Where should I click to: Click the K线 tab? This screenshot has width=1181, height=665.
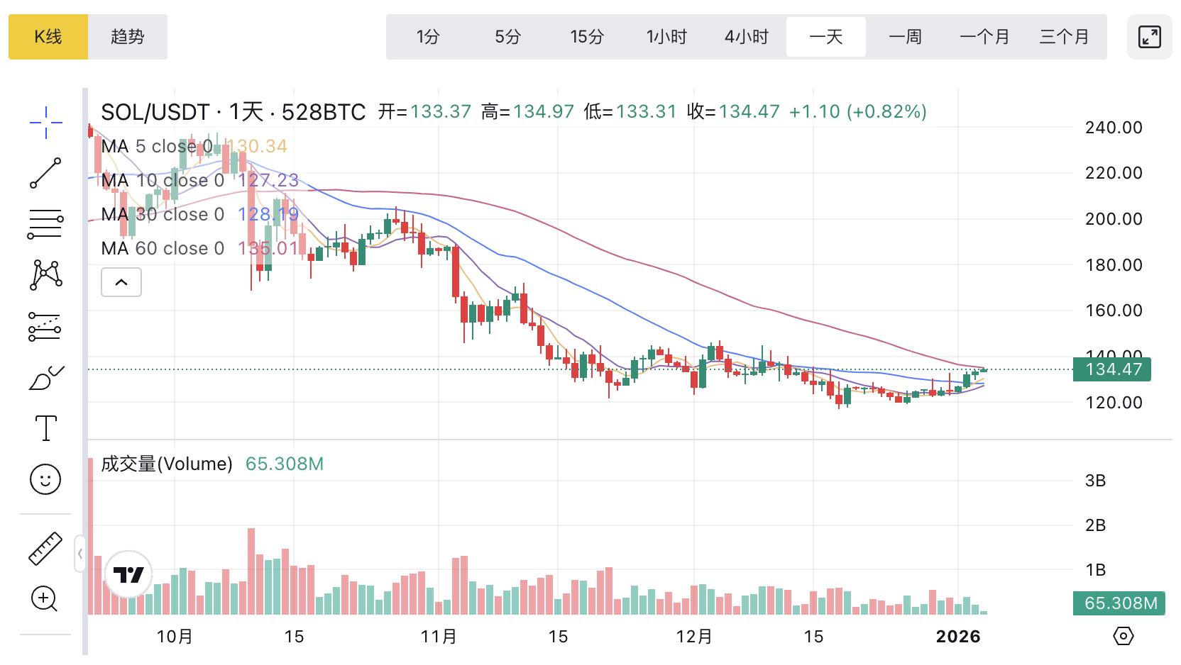[x=48, y=37]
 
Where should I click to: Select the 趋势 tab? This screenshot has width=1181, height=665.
[x=128, y=37]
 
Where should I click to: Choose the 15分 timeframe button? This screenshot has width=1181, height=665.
[x=587, y=37]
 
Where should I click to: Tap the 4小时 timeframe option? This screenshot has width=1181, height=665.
[x=747, y=37]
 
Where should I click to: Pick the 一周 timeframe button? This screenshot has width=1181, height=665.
[x=906, y=37]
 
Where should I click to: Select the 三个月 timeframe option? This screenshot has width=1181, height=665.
[x=1064, y=37]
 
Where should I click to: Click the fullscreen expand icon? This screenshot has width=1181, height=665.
[x=1150, y=37]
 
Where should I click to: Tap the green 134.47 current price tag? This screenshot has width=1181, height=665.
[x=1113, y=369]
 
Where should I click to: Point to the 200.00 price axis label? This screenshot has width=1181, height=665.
[x=1114, y=219]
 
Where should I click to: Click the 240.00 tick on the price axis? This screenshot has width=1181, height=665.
[x=1114, y=128]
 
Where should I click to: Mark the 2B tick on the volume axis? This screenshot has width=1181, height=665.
[x=1095, y=525]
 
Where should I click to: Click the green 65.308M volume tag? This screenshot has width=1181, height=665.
[x=1120, y=603]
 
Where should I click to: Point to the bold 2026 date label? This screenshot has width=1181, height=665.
[x=958, y=637]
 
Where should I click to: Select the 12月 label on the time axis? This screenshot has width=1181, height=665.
[x=694, y=637]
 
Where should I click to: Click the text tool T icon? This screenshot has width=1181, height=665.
[x=46, y=428]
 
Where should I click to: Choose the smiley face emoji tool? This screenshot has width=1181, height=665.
[x=45, y=480]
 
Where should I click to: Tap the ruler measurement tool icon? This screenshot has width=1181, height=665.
[x=45, y=549]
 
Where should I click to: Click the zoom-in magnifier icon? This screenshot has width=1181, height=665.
[x=44, y=599]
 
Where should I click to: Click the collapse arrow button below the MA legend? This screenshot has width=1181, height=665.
[x=121, y=282]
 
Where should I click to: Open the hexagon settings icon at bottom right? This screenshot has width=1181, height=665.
[x=1124, y=636]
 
